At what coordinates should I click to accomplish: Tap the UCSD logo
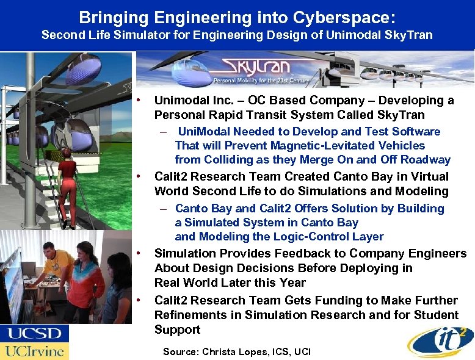click(34, 334)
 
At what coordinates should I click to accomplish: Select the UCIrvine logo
click(34, 351)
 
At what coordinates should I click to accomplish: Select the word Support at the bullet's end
click(177, 329)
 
